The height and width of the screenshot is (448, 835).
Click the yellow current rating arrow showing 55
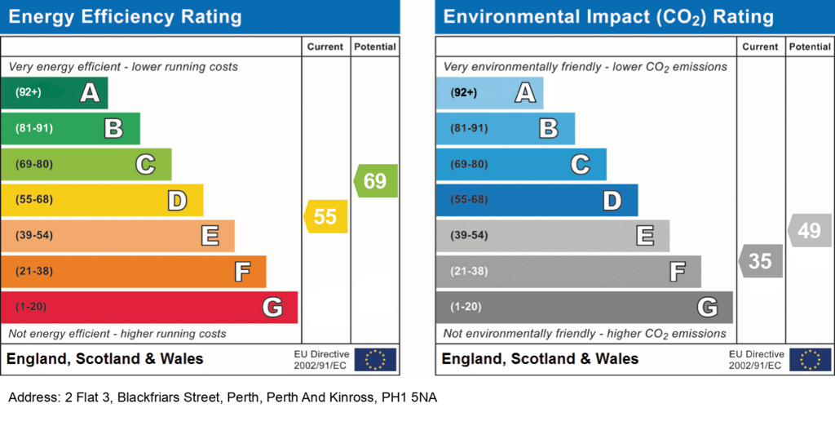(326, 216)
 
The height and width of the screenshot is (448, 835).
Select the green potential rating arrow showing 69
(375, 180)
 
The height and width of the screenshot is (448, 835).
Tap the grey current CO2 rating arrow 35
(761, 261)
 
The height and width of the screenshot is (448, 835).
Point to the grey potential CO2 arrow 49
(810, 231)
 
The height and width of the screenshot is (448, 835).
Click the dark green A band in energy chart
(55, 93)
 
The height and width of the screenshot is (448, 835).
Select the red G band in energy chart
(149, 307)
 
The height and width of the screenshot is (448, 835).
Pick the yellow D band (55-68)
(102, 200)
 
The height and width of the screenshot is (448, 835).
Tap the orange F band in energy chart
(134, 271)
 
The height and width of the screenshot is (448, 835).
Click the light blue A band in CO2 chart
(490, 93)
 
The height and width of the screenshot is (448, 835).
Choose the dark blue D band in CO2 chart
(537, 200)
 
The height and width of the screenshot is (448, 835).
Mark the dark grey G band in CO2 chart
(584, 307)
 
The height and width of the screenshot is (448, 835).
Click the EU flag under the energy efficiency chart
(375, 359)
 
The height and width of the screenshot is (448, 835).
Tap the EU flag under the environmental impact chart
(810, 359)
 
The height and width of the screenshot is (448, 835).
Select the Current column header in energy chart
(325, 47)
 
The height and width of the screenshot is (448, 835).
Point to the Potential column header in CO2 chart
(810, 47)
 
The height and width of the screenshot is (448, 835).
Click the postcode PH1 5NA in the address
(409, 397)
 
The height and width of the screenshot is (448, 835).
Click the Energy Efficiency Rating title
(125, 17)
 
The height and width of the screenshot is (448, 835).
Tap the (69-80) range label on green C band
(34, 164)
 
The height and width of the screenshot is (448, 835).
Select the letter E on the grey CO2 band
(646, 236)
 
